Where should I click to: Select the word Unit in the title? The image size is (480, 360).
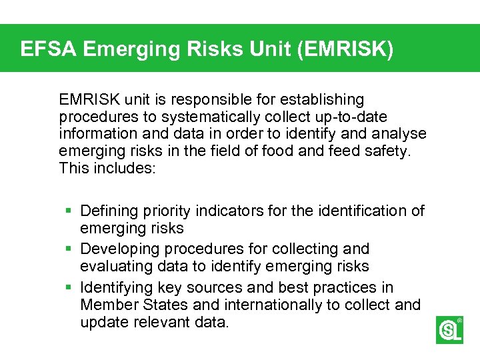tap(239, 49)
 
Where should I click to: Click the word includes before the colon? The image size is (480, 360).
tap(125, 168)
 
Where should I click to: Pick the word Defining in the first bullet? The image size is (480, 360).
tap(108, 211)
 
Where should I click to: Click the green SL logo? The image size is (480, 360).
tap(449, 330)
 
